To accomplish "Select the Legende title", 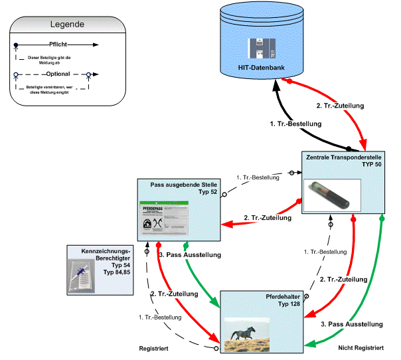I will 67,25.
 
